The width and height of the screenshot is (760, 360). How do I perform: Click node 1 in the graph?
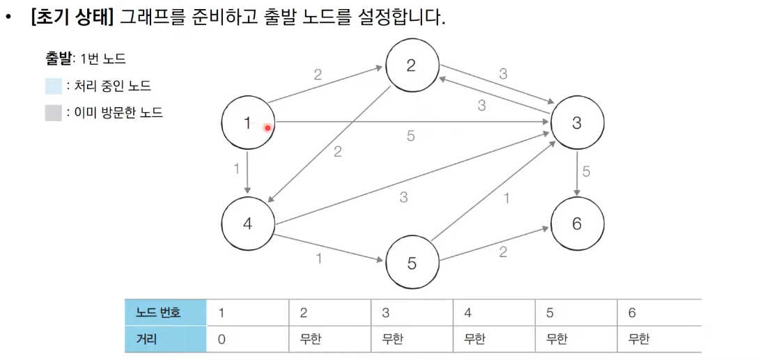(x=248, y=124)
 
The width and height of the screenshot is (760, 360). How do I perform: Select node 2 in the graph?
(x=411, y=65)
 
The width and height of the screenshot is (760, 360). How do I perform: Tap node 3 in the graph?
(x=576, y=123)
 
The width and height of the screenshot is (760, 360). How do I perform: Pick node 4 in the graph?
(x=248, y=224)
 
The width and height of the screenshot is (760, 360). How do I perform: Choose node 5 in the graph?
(x=412, y=263)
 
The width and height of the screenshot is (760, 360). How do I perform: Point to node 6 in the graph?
(x=576, y=224)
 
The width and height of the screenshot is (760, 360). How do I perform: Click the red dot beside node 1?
(x=267, y=127)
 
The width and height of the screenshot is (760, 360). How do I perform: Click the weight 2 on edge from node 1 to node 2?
(x=318, y=75)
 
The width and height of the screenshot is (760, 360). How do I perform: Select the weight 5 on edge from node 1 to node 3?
(x=411, y=136)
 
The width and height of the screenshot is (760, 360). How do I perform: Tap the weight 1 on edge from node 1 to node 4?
(x=237, y=169)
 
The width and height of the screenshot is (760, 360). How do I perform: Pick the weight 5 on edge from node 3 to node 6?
(x=586, y=171)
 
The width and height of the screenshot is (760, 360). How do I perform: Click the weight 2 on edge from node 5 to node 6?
(x=503, y=252)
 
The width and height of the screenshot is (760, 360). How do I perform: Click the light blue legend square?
(x=54, y=86)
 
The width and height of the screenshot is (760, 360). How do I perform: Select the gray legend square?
(x=54, y=112)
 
